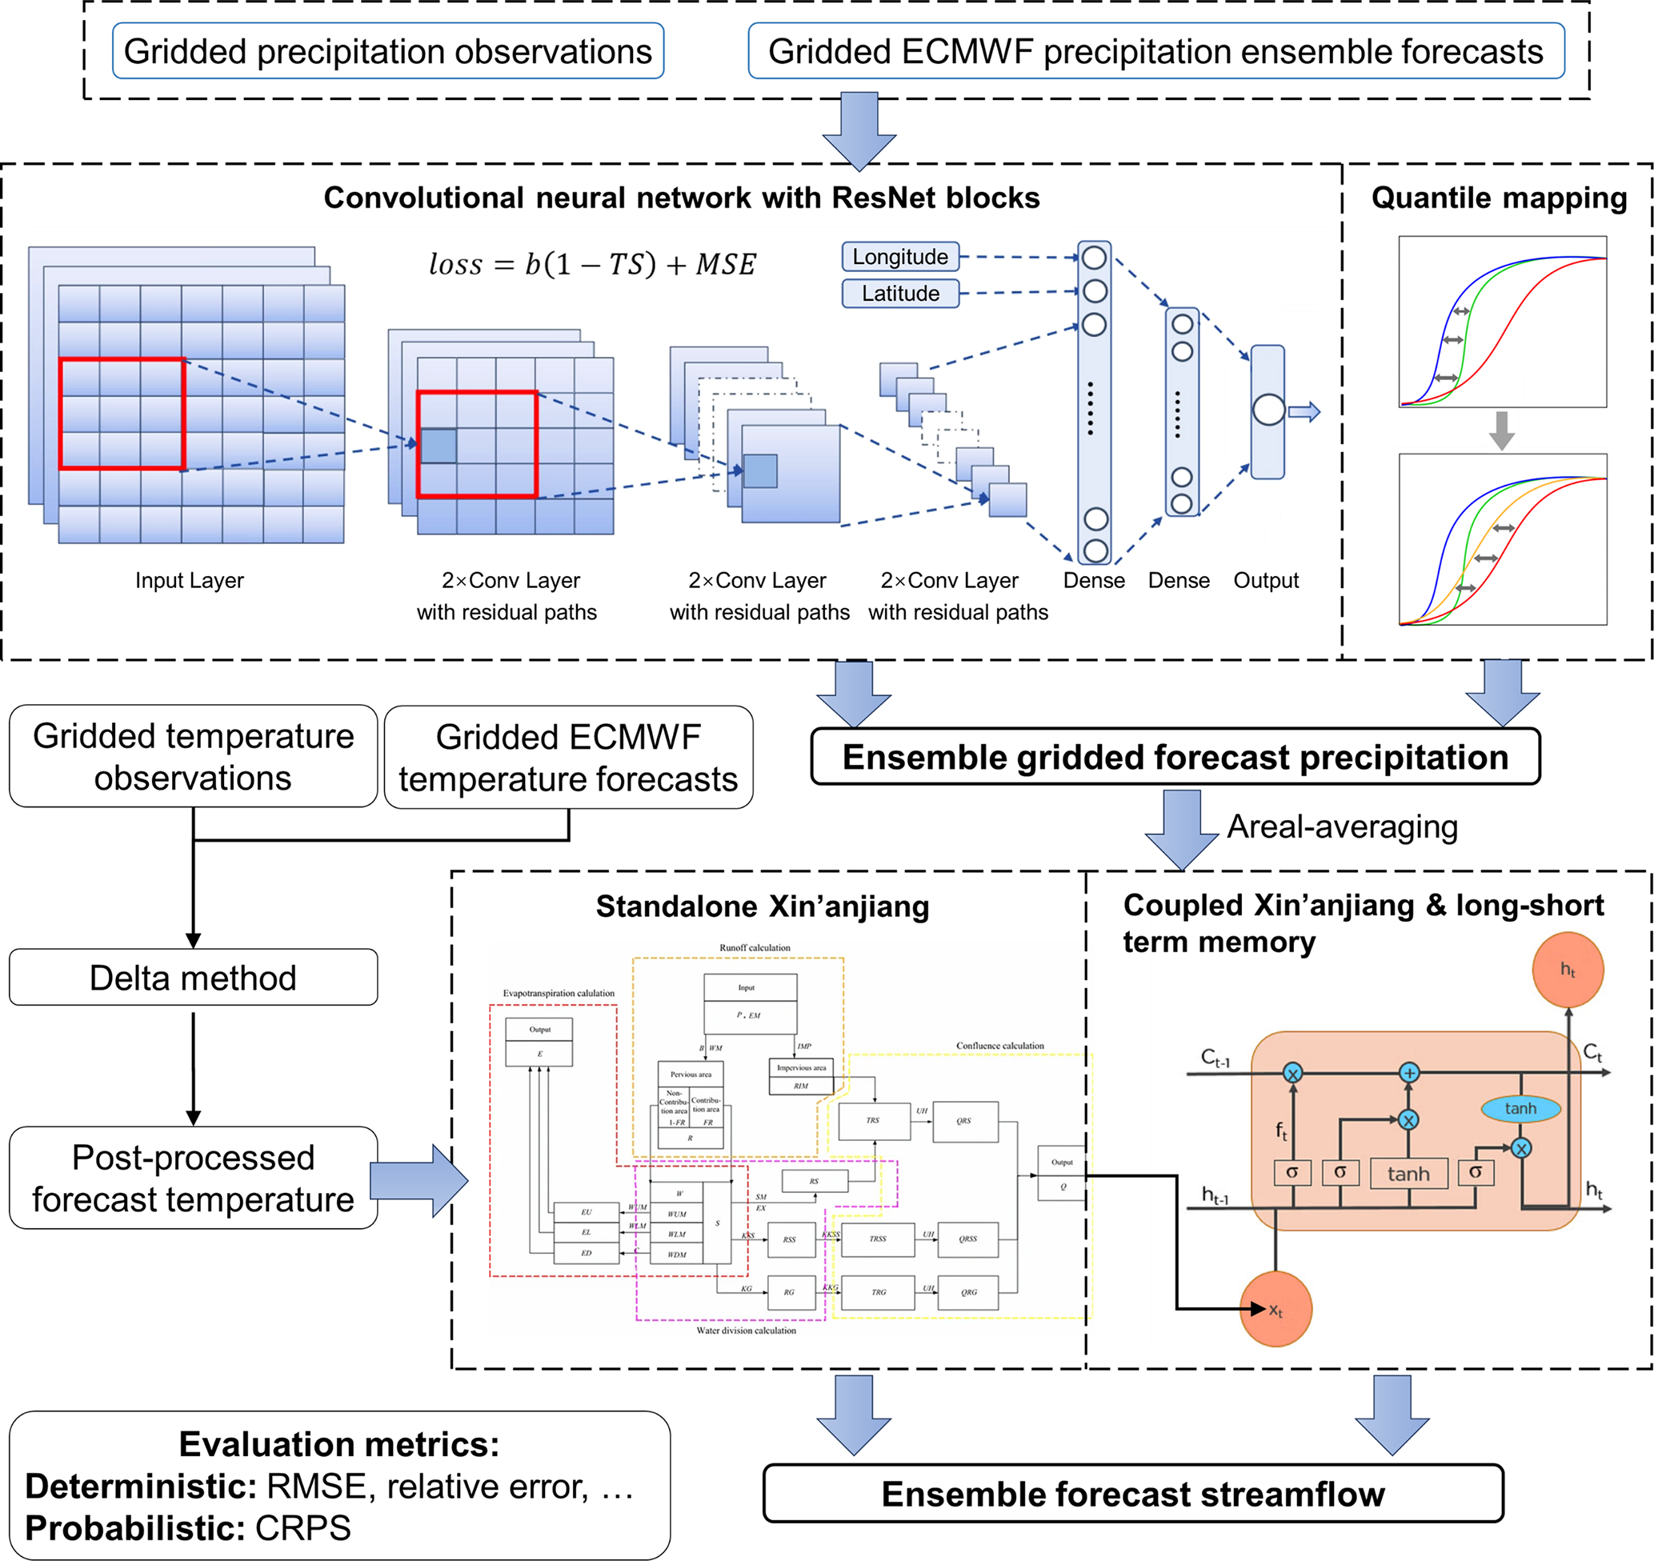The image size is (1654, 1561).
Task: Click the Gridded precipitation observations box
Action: coord(388,51)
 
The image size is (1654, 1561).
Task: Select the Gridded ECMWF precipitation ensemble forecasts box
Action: coord(1155,51)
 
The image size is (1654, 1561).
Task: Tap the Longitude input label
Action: coord(900,256)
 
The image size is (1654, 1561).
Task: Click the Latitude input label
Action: coord(900,294)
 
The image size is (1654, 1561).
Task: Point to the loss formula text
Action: coord(591,265)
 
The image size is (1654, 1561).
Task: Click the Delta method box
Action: coord(193,978)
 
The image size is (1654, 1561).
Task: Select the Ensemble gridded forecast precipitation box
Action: coord(1175,757)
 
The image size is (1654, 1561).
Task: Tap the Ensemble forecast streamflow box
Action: coord(1132,1494)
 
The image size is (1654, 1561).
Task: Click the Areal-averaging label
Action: coord(1342,827)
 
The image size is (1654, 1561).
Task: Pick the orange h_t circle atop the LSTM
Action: coord(1568,971)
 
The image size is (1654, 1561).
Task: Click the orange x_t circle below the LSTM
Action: coord(1276,1310)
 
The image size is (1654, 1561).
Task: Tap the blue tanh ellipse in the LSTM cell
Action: coord(1520,1108)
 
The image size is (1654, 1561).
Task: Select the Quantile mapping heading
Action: coord(1499,198)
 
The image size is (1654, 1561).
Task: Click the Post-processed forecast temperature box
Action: coord(193,1179)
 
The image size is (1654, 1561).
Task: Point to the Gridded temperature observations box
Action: coord(193,756)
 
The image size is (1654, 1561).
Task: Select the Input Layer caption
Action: coord(190,580)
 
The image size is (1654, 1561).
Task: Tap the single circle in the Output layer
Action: coord(1268,410)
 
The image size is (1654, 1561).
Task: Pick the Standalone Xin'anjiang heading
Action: coord(762,907)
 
